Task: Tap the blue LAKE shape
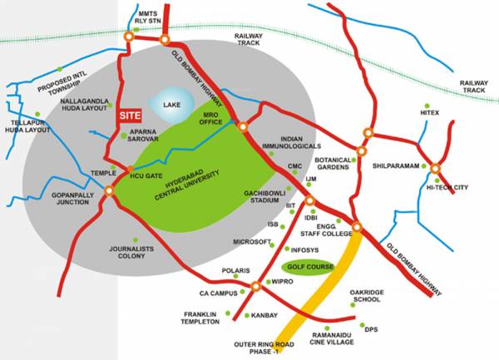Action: (x=171, y=106)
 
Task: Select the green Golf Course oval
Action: (x=308, y=269)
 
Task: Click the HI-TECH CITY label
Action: (x=448, y=188)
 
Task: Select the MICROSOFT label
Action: (x=252, y=242)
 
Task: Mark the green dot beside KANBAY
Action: (x=248, y=316)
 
